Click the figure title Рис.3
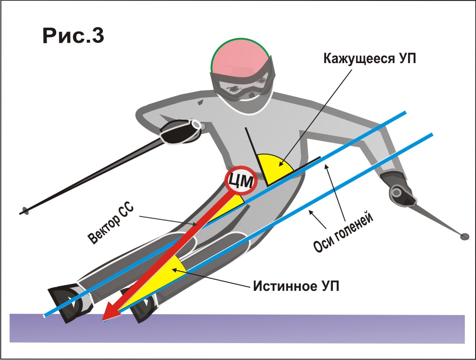[73, 36]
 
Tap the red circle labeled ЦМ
[241, 182]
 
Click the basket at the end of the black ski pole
[25, 212]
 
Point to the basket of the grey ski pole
[465, 236]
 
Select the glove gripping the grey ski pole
[400, 190]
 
